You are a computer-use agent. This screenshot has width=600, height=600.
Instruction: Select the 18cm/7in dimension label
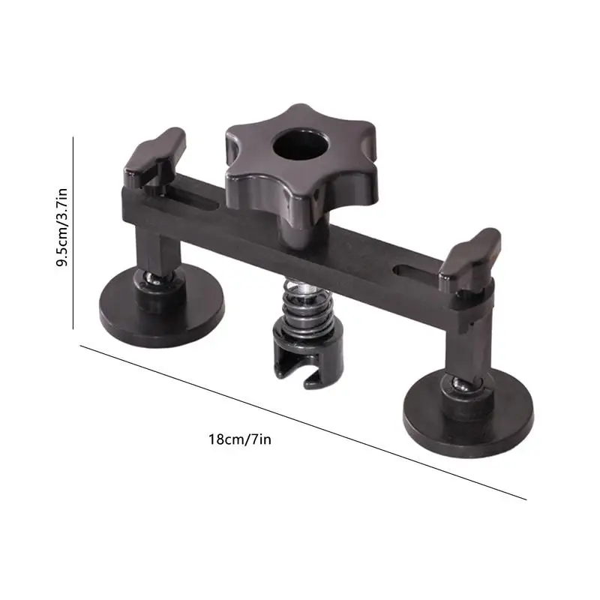click(239, 439)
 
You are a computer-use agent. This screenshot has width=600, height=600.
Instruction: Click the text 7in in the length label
click(260, 439)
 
